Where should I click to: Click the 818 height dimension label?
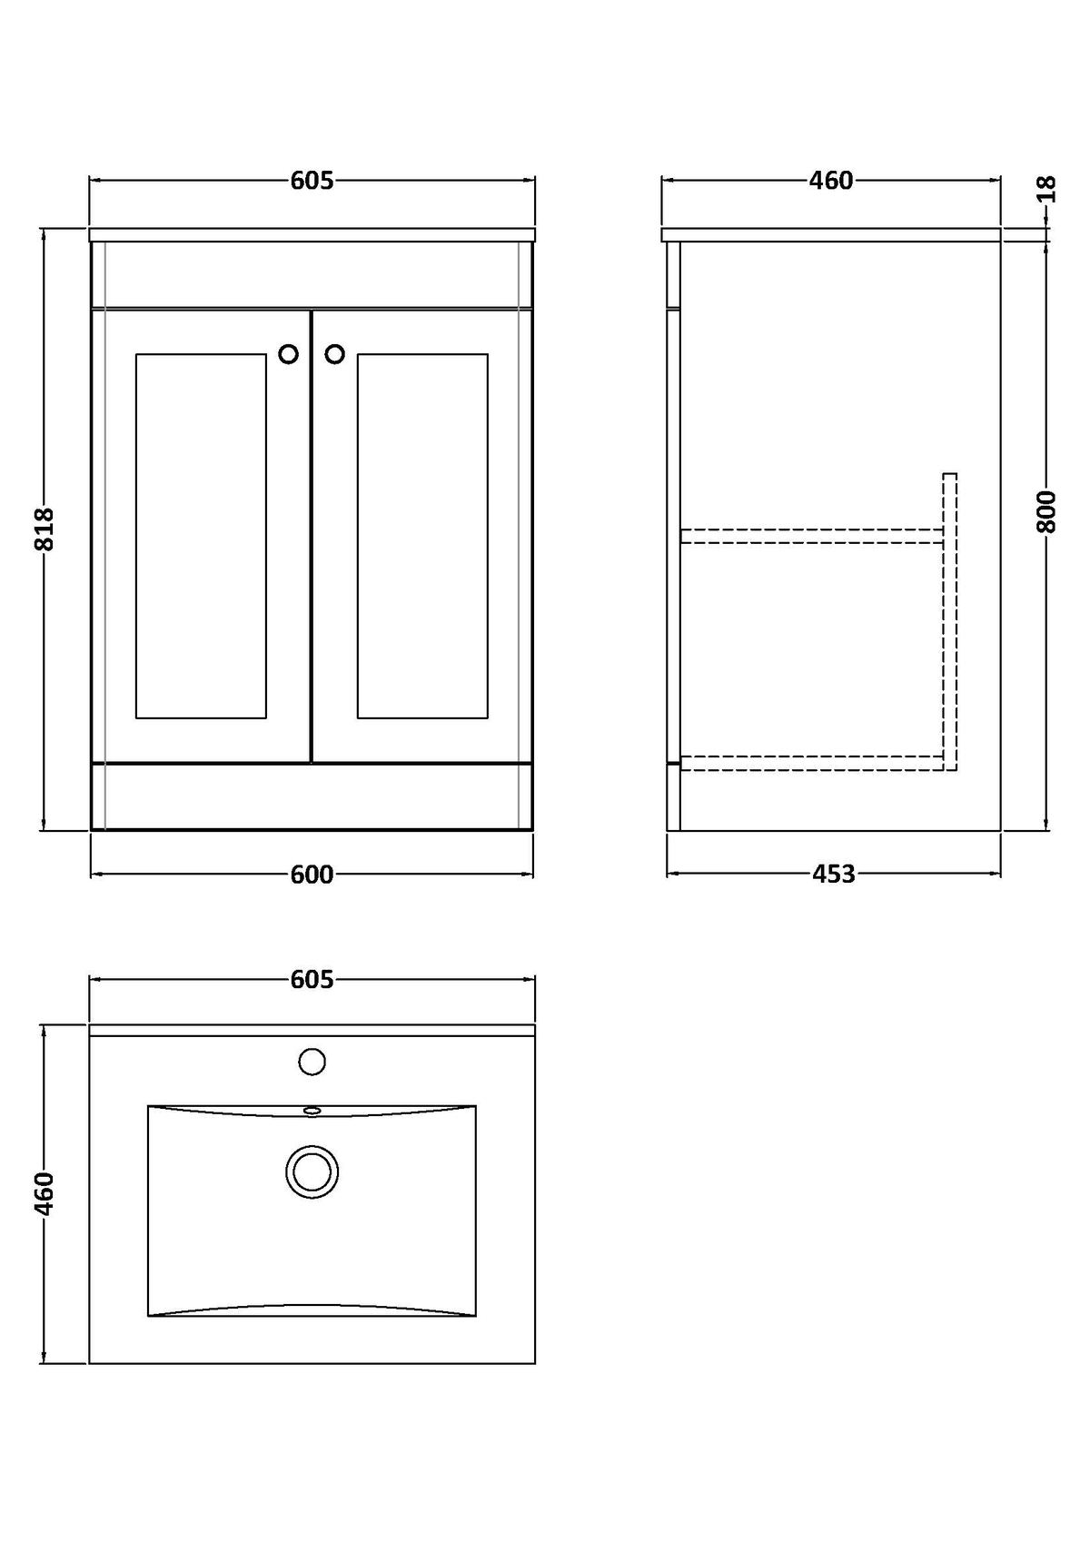click(x=45, y=529)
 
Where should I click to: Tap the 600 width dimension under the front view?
click(x=312, y=875)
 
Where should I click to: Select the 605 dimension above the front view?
click(x=312, y=181)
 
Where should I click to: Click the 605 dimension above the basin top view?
click(x=312, y=979)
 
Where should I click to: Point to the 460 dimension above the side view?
click(x=831, y=181)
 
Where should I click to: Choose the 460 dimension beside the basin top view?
click(x=45, y=1193)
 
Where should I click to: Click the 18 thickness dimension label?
click(x=1045, y=189)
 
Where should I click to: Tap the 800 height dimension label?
click(x=1045, y=511)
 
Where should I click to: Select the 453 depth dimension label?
click(x=834, y=875)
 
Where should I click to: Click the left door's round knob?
click(x=289, y=354)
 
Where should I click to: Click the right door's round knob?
click(x=334, y=354)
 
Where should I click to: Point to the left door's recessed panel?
click(x=201, y=537)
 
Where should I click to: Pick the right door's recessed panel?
click(x=422, y=537)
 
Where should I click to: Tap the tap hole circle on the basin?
click(x=312, y=1062)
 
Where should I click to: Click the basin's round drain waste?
click(x=312, y=1171)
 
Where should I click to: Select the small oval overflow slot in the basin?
click(x=312, y=1110)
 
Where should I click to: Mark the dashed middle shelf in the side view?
click(x=813, y=537)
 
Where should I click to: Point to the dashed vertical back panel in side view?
click(x=949, y=622)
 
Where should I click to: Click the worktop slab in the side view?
click(x=831, y=234)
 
